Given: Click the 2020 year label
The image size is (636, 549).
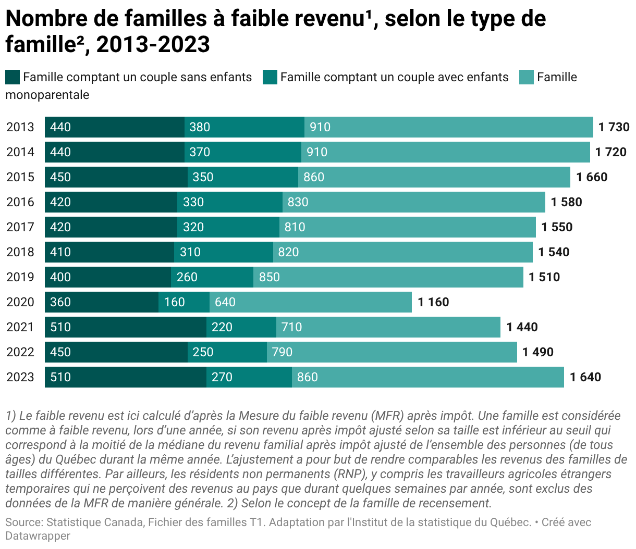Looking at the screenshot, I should (20, 302).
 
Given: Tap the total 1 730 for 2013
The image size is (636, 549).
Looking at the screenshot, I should (614, 127).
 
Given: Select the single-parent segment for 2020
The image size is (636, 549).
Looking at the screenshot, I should (311, 302).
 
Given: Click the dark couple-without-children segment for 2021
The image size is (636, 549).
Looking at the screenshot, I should (126, 327).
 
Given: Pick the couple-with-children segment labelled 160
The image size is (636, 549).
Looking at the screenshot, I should (184, 302).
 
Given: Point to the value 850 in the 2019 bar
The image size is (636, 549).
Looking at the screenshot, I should (270, 277).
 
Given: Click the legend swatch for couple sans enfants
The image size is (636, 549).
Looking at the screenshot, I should (13, 78).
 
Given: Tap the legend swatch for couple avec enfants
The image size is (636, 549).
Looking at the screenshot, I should (270, 78).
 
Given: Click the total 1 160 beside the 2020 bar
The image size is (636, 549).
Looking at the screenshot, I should (433, 302).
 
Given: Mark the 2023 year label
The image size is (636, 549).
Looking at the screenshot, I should (20, 377).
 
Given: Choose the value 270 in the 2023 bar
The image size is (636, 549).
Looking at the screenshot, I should (222, 377).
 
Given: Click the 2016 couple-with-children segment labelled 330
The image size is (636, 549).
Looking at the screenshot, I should (229, 202).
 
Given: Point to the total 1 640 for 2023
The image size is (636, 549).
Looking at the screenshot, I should (585, 377).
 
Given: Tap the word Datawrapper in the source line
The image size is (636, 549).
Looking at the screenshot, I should (38, 535).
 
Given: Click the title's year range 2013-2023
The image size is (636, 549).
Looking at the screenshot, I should (153, 45).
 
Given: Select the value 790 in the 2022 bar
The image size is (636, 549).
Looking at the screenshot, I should (282, 352).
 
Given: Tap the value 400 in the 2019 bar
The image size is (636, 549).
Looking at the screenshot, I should (60, 277).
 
